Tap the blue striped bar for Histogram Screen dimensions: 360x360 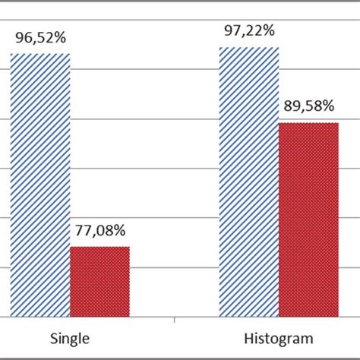tap(249, 182)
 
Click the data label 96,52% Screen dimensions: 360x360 tap(40, 36)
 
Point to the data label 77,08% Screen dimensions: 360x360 tap(99, 229)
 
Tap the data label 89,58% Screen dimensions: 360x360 tap(308, 105)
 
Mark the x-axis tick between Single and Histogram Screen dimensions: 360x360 tap(175, 320)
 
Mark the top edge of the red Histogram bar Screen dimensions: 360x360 tap(308, 123)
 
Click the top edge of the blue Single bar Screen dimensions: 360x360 tap(39, 54)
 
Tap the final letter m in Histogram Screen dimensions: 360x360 tap(308, 338)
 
